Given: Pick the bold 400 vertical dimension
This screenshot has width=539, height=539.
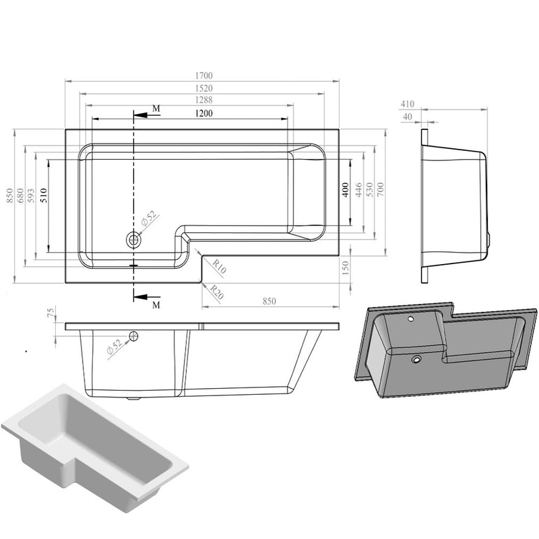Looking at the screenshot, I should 344,191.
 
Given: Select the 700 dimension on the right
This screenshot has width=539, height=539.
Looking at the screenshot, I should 380,191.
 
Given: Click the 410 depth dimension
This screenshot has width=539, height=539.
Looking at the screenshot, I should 407,104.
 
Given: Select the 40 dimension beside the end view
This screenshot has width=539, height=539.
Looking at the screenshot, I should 407,117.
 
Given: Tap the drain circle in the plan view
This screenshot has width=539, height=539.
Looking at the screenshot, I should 133,239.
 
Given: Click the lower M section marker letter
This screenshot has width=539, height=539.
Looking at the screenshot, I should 156,305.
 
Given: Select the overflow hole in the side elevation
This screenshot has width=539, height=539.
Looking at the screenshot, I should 134,336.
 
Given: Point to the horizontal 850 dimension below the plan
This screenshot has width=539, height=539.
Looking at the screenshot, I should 269,301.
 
